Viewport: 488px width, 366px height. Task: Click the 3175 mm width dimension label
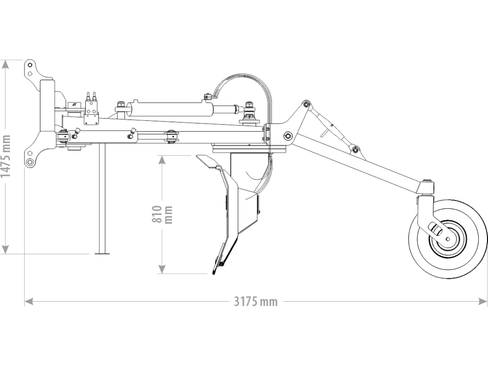[x=256, y=302]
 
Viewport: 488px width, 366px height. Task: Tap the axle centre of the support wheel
[x=448, y=239]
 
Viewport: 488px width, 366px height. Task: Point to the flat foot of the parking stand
[x=102, y=253]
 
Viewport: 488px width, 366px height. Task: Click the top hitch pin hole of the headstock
[x=30, y=65]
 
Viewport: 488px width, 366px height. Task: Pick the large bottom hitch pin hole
[x=29, y=162]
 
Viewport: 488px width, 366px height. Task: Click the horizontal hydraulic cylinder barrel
[x=170, y=109]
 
